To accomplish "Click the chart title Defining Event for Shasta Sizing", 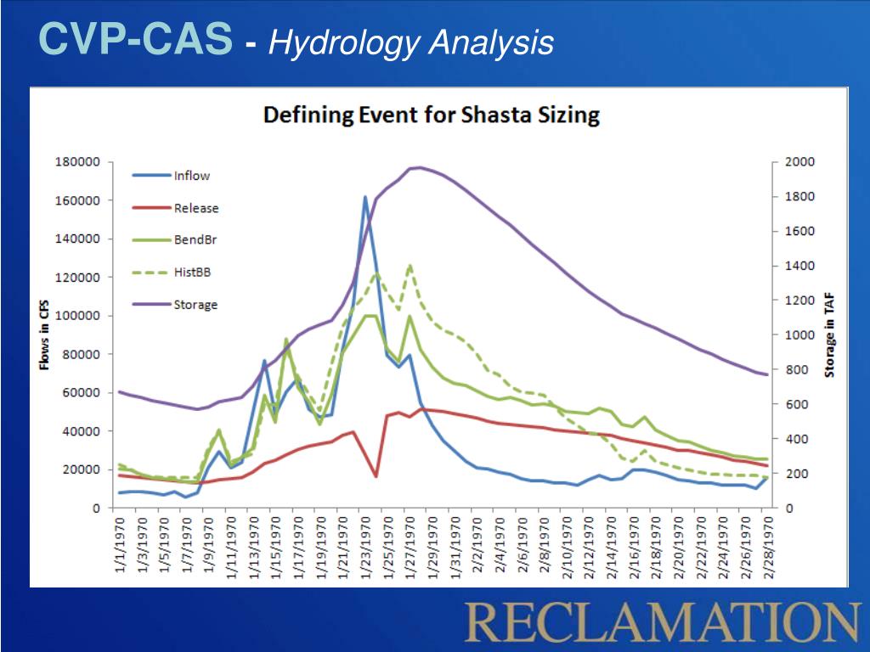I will (x=432, y=115).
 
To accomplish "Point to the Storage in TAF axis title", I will (x=831, y=334).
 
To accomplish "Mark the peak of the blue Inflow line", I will (x=365, y=197).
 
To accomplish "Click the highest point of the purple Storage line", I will (x=418, y=167).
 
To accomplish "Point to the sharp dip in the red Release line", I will (x=376, y=476).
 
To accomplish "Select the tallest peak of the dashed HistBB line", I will (x=410, y=266).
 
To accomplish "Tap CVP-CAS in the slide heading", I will (x=135, y=40).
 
